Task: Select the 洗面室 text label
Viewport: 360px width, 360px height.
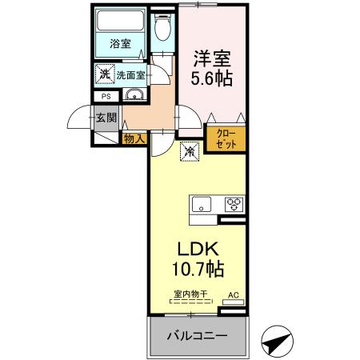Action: [x=130, y=74]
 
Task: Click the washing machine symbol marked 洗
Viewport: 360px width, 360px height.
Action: [x=105, y=74]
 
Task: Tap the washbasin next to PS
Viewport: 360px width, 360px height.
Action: [x=134, y=98]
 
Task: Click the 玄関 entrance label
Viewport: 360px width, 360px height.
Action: [x=106, y=118]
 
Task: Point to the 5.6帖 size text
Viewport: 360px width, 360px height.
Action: [x=211, y=79]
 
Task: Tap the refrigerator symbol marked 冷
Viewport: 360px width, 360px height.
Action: [x=190, y=150]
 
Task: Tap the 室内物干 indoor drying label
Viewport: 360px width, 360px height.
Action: [x=190, y=294]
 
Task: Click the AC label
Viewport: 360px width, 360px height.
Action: [x=234, y=294]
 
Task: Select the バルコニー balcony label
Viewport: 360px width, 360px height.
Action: [x=196, y=335]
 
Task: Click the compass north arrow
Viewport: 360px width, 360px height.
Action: [x=276, y=342]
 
